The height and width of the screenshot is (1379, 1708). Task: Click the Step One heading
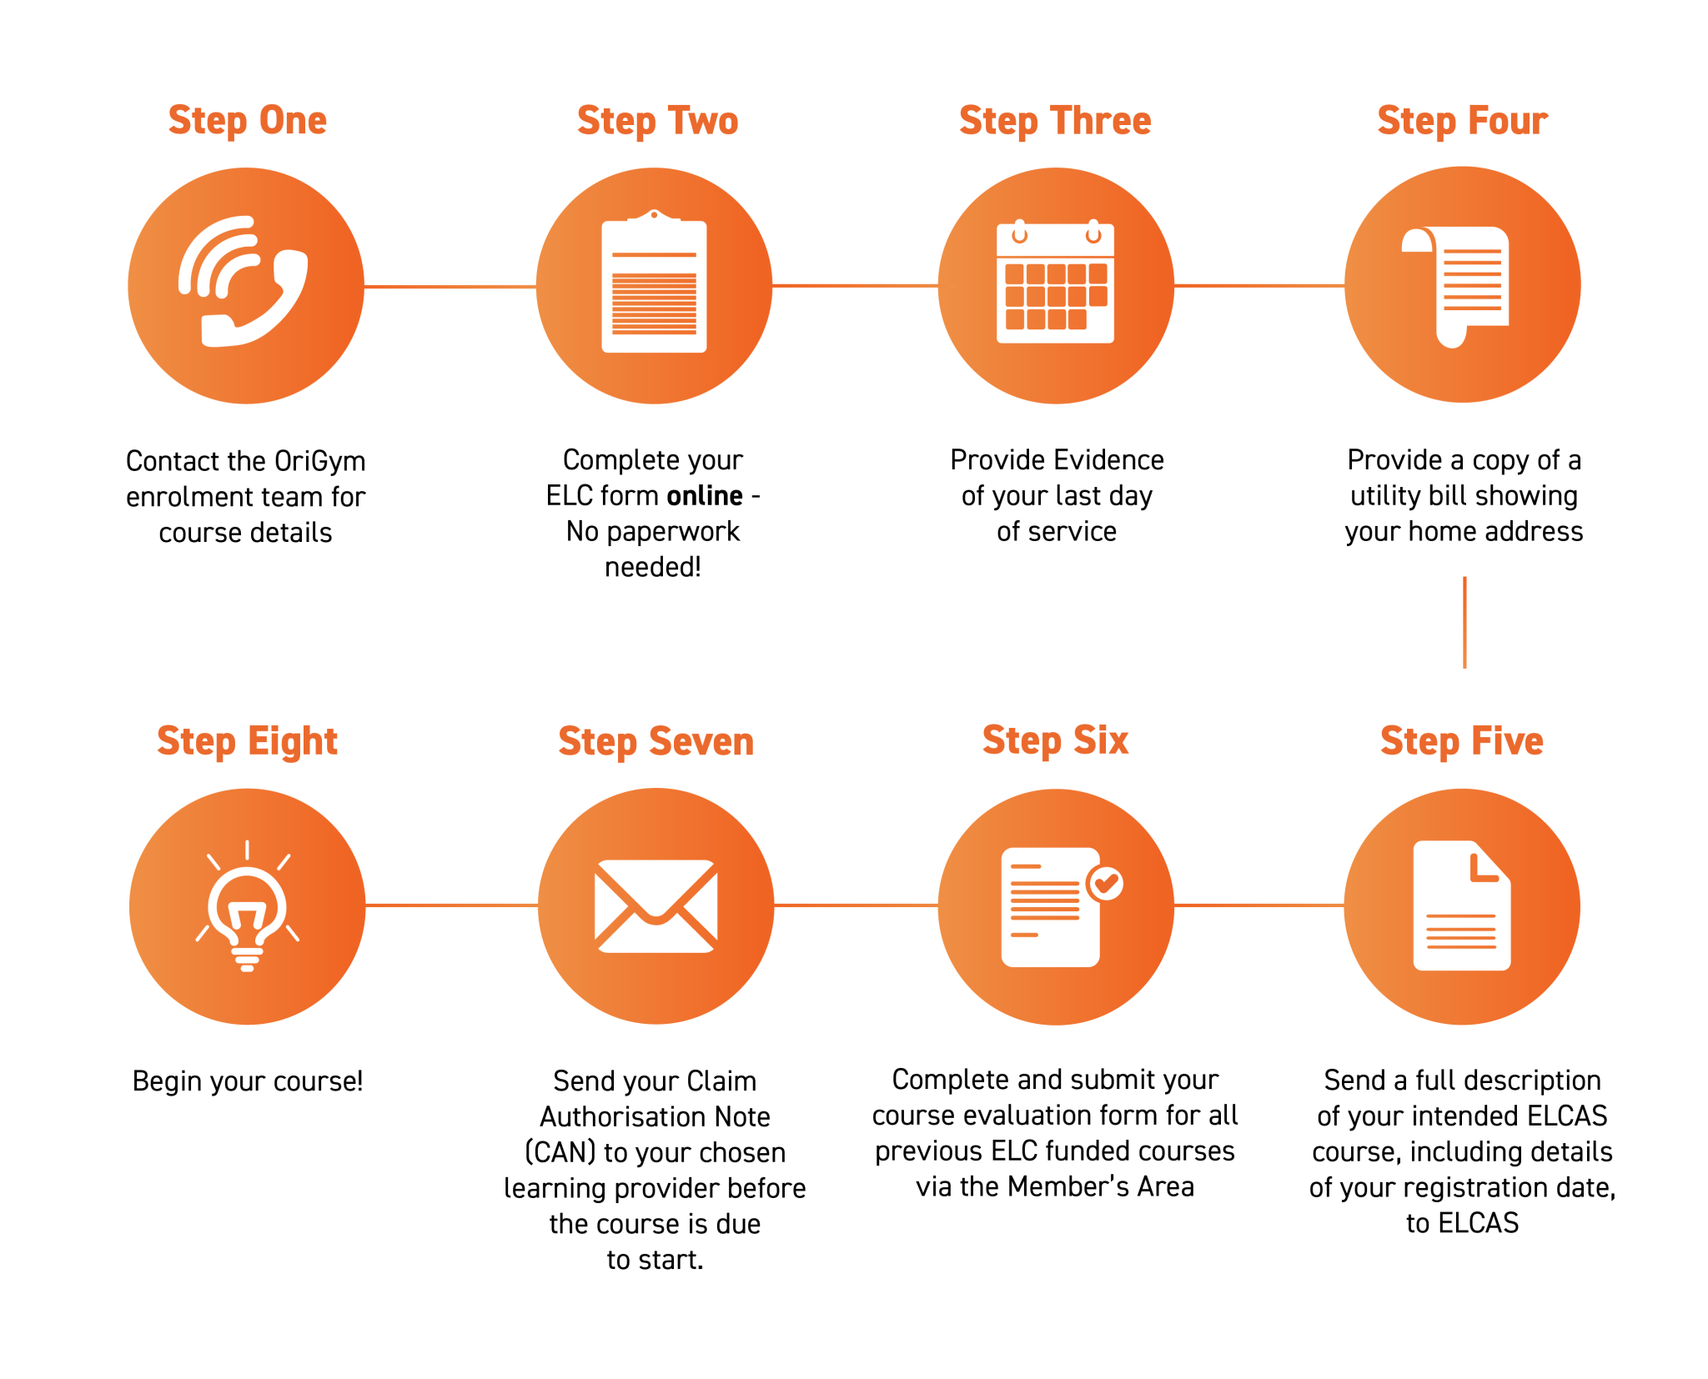coord(248,121)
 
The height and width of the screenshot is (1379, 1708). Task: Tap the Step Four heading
coord(1463,121)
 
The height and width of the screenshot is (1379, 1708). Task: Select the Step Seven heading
coord(656,741)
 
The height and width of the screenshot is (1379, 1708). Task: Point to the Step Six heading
coord(1056,740)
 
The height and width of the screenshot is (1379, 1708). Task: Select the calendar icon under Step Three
coord(1056,283)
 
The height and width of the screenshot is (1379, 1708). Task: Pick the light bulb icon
coord(248,909)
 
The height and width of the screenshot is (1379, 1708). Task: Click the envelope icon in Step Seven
coord(656,906)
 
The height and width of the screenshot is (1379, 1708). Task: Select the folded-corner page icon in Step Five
coord(1462,905)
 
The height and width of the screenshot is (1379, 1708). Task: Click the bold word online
coord(705,496)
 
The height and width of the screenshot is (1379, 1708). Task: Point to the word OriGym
coord(320,462)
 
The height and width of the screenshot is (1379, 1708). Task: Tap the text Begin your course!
coord(248,1081)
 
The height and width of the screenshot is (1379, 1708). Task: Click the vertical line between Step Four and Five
coord(1464,622)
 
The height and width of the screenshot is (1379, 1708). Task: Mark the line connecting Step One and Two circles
coord(450,287)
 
